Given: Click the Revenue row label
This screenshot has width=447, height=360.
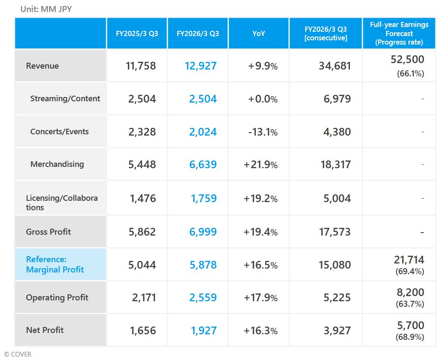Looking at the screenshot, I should click(43, 66).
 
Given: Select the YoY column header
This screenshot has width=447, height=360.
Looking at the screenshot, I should click(258, 33).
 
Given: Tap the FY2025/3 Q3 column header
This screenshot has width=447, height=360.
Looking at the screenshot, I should click(137, 33).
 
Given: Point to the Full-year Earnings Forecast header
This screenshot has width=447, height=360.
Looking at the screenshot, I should click(399, 33).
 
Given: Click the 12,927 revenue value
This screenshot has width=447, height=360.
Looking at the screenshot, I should click(201, 66).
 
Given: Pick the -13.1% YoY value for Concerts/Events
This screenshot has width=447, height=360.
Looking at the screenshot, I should click(263, 132).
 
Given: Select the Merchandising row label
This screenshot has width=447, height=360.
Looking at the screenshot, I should click(57, 164).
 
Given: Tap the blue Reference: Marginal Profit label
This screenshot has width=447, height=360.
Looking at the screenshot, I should click(55, 264).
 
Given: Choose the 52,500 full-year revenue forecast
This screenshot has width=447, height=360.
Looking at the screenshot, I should click(407, 60).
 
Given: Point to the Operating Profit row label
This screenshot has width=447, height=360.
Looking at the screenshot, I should click(57, 297).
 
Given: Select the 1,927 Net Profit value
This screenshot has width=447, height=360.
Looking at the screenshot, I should click(204, 331).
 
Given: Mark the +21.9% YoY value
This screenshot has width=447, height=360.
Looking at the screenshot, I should click(260, 165).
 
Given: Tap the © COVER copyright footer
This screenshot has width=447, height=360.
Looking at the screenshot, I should click(18, 354).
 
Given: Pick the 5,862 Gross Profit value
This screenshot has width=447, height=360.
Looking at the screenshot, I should click(142, 232).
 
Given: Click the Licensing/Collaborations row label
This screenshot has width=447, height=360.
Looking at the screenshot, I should click(62, 203).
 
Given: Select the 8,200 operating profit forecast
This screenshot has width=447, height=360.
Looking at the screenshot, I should click(409, 293).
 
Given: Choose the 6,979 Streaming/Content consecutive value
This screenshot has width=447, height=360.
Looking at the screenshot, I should click(337, 99).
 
